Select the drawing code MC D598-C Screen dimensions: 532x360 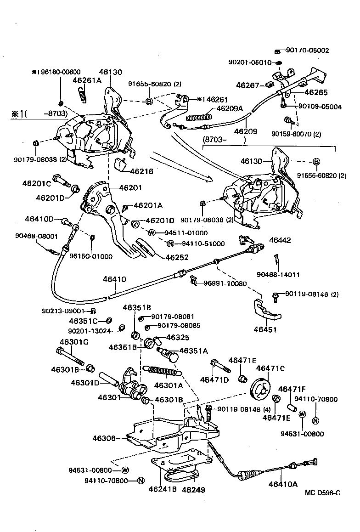pyautogui.click(x=322, y=493)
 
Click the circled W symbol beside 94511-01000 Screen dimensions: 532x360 pyautogui.click(x=152, y=232)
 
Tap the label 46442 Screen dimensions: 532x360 pyautogui.click(x=280, y=240)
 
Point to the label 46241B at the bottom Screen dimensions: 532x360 pyautogui.click(x=163, y=489)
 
